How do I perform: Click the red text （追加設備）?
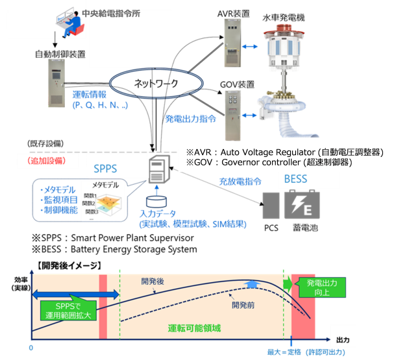tap(47, 162)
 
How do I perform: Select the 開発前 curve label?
tap(243, 305)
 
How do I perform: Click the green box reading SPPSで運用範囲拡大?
tap(68, 310)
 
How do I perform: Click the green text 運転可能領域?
tap(195, 328)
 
